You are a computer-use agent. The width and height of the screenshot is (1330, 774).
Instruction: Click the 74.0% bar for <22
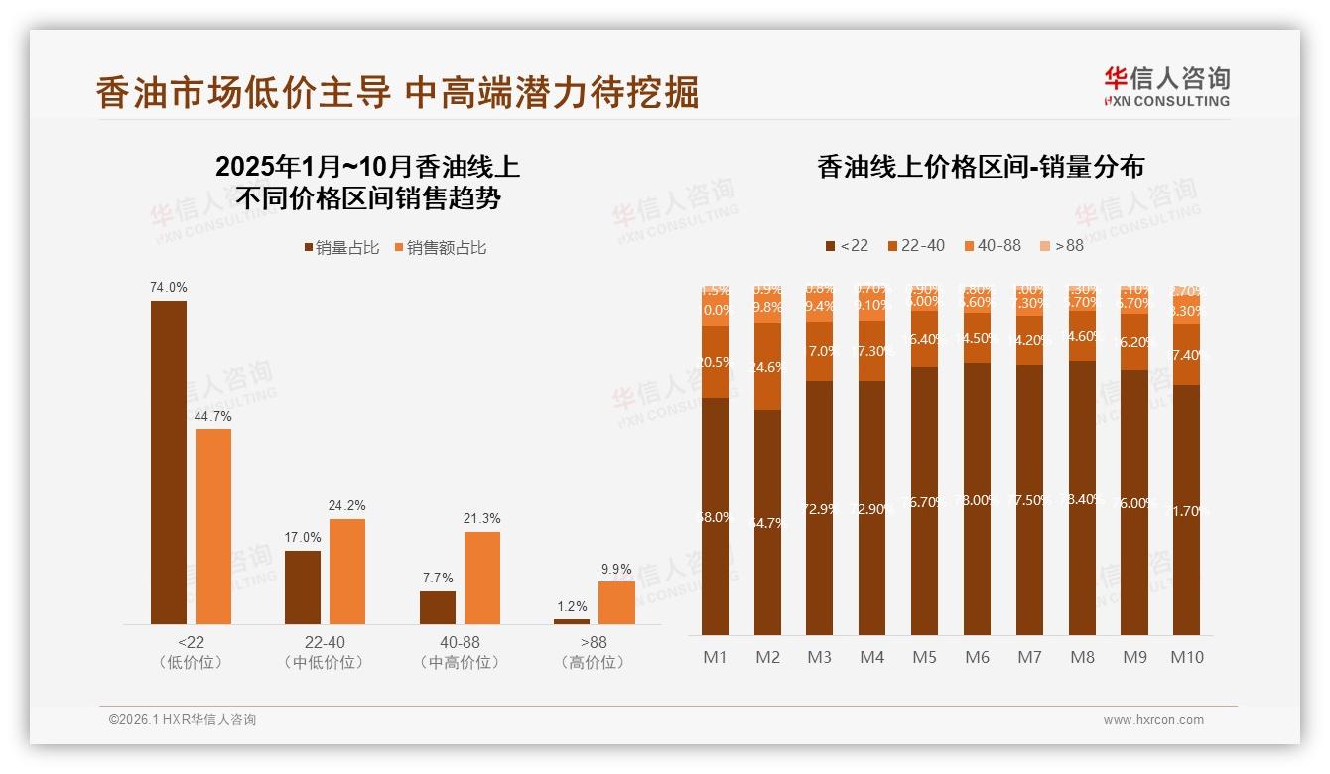tap(168, 461)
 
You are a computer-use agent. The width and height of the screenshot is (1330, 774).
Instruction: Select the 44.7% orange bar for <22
tap(213, 526)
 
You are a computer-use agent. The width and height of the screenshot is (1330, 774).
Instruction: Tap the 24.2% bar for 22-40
tap(347, 571)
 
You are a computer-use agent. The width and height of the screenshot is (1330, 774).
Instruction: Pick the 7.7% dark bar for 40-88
tap(437, 607)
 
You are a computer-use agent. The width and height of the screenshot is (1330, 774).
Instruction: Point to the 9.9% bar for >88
tap(616, 602)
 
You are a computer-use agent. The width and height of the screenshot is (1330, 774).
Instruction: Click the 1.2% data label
tap(572, 606)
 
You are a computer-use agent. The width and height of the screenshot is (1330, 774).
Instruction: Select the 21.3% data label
tap(481, 518)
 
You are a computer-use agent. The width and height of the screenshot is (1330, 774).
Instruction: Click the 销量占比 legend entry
tap(341, 248)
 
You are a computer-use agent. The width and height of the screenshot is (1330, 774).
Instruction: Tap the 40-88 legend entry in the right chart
tap(992, 245)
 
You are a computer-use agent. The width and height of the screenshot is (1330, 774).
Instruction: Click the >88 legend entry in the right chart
tap(1061, 245)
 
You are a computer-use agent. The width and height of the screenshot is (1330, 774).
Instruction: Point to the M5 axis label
tap(924, 657)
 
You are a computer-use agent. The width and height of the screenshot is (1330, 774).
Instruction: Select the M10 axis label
tap(1186, 657)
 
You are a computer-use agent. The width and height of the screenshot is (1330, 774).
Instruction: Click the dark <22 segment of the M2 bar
tap(767, 522)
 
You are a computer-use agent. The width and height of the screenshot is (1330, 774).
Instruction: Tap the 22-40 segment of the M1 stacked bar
tap(715, 362)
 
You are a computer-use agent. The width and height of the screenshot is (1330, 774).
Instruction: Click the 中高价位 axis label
tap(460, 662)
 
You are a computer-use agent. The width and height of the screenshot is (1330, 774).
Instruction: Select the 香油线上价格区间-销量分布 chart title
tap(980, 167)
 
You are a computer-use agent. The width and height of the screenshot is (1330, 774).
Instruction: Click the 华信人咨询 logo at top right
tap(1166, 86)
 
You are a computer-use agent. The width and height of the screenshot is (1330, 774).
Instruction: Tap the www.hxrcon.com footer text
tap(1153, 720)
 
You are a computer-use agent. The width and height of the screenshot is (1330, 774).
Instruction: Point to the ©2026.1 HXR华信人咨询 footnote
tap(183, 720)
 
